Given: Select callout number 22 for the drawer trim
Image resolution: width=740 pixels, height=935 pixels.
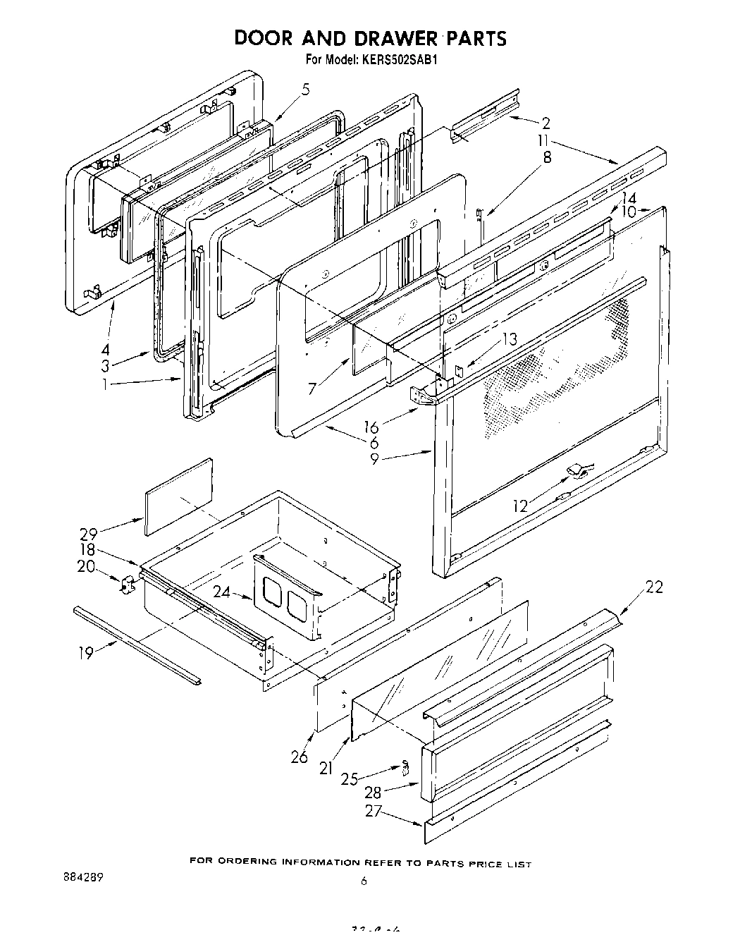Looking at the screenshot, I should (x=654, y=587).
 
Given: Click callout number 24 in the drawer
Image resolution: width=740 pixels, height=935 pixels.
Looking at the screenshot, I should (x=222, y=592).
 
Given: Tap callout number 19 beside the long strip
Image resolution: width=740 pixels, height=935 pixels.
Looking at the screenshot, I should (x=85, y=654).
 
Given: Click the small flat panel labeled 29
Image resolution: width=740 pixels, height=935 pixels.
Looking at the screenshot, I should (x=178, y=496).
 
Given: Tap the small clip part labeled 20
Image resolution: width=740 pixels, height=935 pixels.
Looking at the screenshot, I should (x=128, y=585).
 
